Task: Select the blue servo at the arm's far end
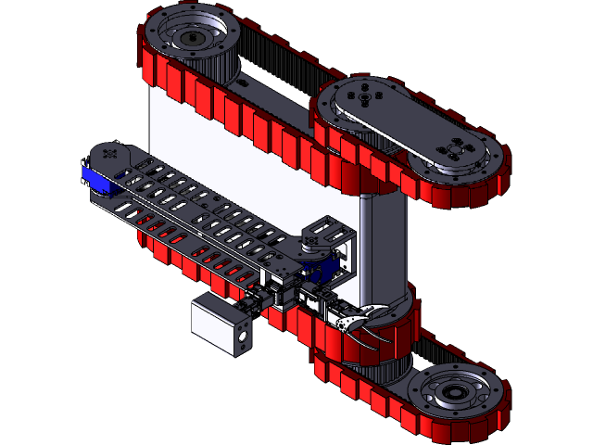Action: pyautogui.click(x=95, y=180)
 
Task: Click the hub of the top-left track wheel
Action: pyautogui.click(x=192, y=38)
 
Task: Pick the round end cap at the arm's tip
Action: pyautogui.click(x=111, y=155)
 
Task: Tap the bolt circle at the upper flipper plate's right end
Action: pyautogui.click(x=455, y=149)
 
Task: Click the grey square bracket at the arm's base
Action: pyautogui.click(x=334, y=236)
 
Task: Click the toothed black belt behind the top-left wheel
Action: pyautogui.click(x=269, y=56)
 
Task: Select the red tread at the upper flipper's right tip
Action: pyautogui.click(x=500, y=176)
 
